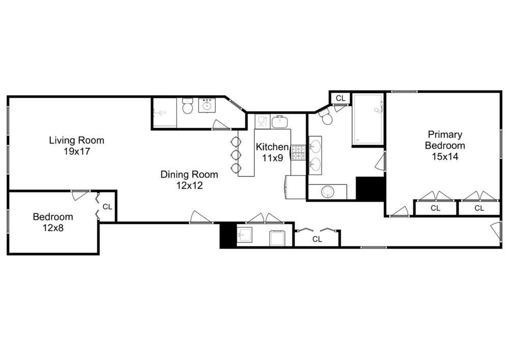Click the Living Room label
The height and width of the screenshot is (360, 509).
click(77, 140)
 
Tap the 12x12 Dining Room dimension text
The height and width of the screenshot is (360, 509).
click(189, 185)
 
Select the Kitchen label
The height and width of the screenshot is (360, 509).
click(272, 147)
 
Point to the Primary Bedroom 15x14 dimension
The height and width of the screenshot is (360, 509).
click(445, 156)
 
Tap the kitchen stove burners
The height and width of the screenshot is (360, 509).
click(299, 153)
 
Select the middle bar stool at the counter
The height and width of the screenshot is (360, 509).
click(236, 154)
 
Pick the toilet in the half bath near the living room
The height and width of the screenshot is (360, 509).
click(187, 105)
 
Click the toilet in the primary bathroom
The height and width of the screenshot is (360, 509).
click(326, 117)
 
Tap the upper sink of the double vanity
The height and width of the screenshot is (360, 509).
click(315, 145)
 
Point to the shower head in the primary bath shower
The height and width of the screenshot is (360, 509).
click(379, 109)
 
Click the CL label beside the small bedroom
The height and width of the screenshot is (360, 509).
click(107, 207)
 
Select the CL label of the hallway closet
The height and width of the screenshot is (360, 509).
click(317, 239)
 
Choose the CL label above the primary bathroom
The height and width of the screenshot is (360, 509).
click(341, 98)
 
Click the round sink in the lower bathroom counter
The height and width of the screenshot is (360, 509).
click(328, 191)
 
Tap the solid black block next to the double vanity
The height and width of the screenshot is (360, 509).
click(371, 188)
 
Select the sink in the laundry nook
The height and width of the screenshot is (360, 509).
click(245, 234)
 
